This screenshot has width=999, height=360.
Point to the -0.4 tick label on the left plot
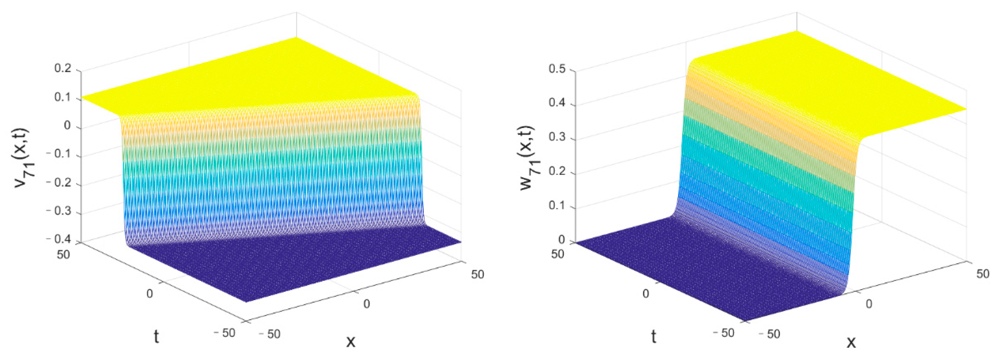point(58,239)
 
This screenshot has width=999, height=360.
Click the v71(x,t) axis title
point(25,157)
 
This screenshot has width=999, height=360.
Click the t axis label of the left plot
point(156,337)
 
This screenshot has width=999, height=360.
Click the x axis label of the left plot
point(351,341)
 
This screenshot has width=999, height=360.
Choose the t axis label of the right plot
point(653,337)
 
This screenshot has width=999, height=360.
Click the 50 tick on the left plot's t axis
point(63,255)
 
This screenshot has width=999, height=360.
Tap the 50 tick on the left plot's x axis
point(477,274)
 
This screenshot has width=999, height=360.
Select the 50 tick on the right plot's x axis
point(983,274)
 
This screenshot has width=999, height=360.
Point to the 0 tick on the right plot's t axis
point(646,294)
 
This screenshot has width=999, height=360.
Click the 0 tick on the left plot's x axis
point(366,304)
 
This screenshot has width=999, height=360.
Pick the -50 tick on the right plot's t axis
point(724,333)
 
